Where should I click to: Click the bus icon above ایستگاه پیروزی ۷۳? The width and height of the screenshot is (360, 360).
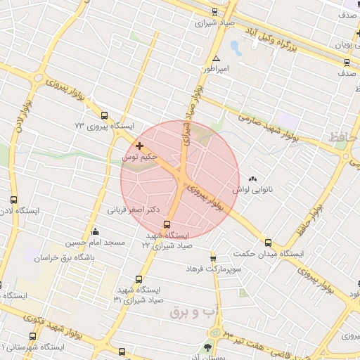click(x=105, y=116)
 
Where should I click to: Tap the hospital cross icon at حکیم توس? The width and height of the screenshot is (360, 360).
click(x=140, y=146)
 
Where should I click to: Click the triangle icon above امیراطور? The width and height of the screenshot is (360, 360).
click(x=216, y=59)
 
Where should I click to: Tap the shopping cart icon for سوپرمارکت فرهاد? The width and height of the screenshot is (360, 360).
click(x=214, y=258)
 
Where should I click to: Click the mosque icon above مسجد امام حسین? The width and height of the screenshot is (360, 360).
click(x=96, y=232)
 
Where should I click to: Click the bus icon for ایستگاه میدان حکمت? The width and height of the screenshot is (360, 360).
click(x=267, y=243)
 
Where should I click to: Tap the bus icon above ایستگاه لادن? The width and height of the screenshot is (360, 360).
click(x=14, y=200)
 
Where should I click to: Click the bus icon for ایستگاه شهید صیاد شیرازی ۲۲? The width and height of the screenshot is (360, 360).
click(x=167, y=225)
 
